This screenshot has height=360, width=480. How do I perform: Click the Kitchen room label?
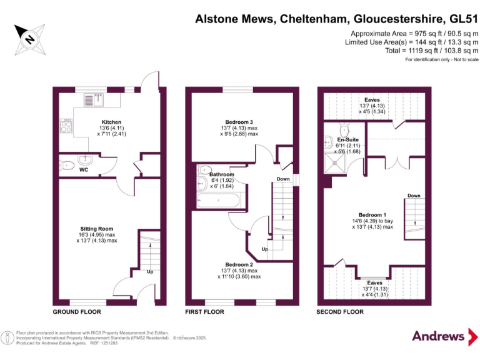[111, 122]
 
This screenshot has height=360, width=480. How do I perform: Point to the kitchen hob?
[66, 127]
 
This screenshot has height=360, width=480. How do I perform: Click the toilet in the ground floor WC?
[67, 166]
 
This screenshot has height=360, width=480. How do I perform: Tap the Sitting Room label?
[97, 229]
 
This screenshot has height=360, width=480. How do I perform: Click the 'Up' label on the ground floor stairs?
[150, 272]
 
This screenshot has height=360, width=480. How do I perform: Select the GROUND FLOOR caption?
[77, 311]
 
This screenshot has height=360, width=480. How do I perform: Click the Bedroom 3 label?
[239, 122]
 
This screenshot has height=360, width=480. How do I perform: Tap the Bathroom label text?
[222, 174]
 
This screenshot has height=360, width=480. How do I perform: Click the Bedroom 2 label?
[239, 264]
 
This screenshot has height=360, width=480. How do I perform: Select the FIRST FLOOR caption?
[204, 311]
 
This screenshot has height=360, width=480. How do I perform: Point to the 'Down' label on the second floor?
[414, 196]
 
